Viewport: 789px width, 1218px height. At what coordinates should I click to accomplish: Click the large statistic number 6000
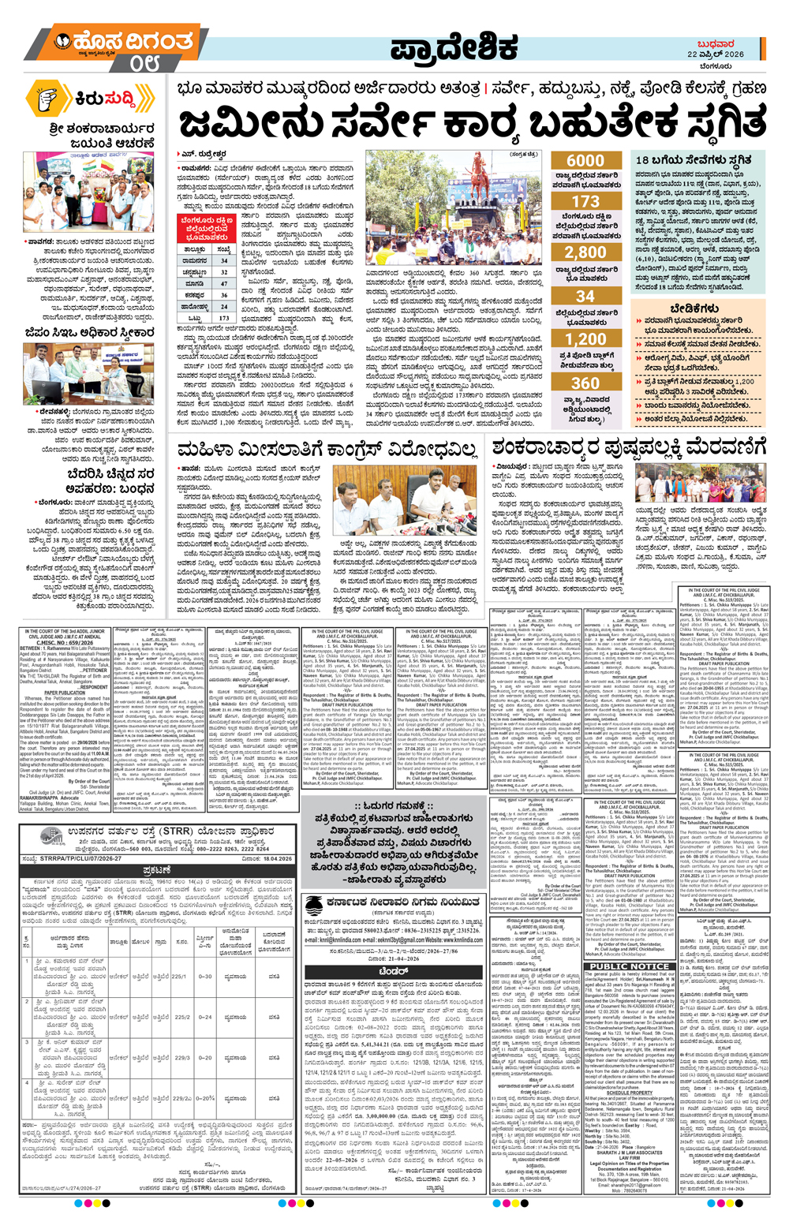pyautogui.click(x=585, y=161)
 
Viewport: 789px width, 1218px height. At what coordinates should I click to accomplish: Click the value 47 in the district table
pyautogui.click(x=224, y=284)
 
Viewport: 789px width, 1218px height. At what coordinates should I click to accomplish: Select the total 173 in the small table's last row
pyautogui.click(x=224, y=319)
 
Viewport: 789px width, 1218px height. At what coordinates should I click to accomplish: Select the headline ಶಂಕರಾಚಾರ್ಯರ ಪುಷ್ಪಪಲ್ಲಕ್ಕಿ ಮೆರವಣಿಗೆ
pyautogui.click(x=628, y=449)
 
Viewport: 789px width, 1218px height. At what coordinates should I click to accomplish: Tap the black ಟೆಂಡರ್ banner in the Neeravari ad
pyautogui.click(x=392, y=972)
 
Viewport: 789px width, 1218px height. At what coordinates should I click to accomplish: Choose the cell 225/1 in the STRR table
pyautogui.click(x=179, y=976)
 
